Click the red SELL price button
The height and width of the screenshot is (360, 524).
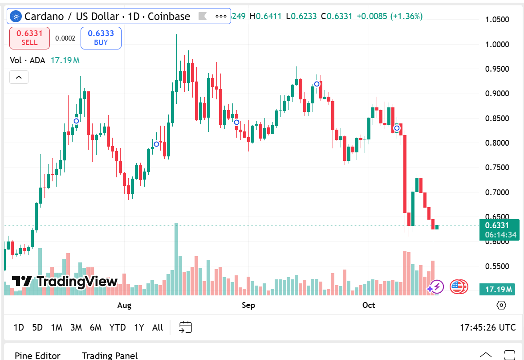[29, 38]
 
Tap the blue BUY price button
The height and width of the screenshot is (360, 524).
[101, 38]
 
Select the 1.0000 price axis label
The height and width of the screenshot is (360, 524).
[497, 45]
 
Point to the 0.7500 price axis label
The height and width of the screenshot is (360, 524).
[497, 168]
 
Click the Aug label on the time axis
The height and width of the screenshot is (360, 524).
[124, 305]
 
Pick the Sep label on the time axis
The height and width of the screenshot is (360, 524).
[248, 305]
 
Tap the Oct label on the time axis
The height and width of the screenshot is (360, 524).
[369, 305]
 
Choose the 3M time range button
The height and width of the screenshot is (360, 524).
[76, 327]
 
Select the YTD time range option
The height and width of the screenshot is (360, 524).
[118, 327]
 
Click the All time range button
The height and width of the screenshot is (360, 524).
[158, 327]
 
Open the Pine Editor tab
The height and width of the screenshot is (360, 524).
[37, 356]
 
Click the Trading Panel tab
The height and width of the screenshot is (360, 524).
[110, 356]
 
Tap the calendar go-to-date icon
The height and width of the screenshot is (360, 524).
[185, 327]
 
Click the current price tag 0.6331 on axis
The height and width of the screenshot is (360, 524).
[497, 225]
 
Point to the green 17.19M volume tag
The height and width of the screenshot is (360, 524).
[497, 290]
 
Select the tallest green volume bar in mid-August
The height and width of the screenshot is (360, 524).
[176, 258]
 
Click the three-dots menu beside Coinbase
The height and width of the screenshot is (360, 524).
[221, 16]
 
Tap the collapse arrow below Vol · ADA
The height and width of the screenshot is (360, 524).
[19, 77]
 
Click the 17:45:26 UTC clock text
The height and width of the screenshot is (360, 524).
[487, 327]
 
